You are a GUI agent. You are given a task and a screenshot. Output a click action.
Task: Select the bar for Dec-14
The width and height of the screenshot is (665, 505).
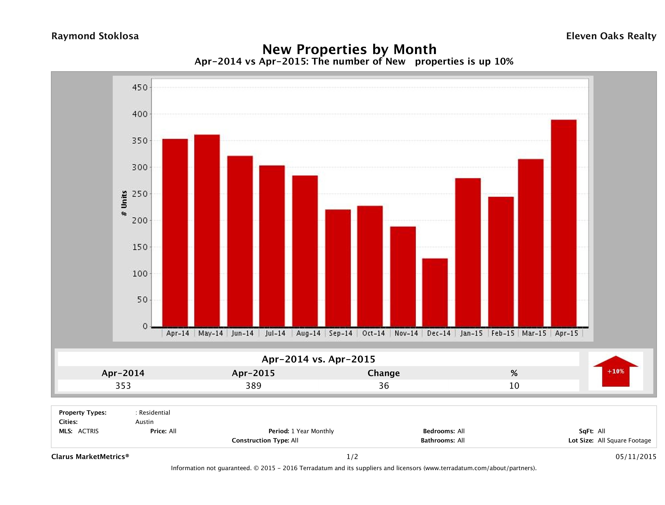tap(435, 292)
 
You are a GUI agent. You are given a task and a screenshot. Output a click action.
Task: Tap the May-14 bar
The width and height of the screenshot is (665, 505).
tap(207, 231)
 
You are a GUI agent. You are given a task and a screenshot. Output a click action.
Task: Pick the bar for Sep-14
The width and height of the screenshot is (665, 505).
tap(338, 268)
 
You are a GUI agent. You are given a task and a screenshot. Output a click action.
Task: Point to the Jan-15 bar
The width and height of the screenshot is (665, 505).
tap(468, 252)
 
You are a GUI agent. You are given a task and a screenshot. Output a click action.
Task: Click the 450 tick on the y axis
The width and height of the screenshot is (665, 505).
tap(140, 88)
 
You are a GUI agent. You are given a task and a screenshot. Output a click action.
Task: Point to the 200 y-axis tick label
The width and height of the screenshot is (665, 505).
tap(140, 221)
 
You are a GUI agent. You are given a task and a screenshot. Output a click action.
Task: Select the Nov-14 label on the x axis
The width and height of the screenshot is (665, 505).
tap(406, 333)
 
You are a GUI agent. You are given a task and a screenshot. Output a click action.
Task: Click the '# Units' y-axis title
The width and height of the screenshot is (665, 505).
tap(124, 203)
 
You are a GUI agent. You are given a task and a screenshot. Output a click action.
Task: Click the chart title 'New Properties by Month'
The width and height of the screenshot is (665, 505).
tap(349, 49)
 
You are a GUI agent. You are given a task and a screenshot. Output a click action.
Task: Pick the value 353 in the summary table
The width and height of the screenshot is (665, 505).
tap(123, 386)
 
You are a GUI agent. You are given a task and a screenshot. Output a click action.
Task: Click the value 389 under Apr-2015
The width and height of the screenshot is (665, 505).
tap(253, 386)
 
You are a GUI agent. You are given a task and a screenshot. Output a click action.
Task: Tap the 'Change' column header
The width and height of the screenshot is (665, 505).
tap(384, 373)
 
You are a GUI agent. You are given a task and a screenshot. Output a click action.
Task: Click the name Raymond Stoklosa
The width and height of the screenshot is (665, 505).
tap(95, 36)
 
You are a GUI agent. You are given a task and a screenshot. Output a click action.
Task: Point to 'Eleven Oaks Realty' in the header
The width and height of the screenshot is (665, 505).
tap(611, 36)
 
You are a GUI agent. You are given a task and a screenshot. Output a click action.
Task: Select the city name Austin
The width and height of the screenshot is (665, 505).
tap(144, 422)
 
